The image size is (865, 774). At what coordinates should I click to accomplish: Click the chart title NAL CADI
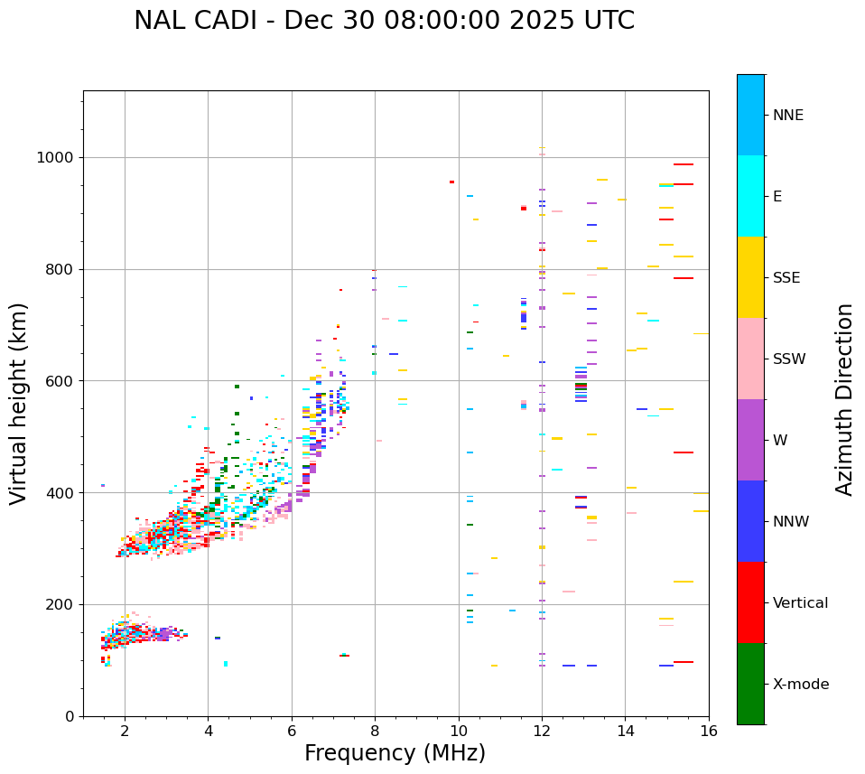(384, 21)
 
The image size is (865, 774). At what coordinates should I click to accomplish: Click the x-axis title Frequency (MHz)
(395, 753)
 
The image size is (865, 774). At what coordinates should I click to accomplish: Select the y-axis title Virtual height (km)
(19, 404)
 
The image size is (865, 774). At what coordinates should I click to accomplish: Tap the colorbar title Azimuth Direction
(844, 399)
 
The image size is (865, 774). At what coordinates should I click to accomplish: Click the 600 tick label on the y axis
(60, 381)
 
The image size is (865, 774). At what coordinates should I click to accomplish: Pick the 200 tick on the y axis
(60, 605)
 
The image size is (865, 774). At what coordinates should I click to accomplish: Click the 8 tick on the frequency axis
(375, 731)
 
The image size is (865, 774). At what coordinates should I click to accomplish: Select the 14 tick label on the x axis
(626, 731)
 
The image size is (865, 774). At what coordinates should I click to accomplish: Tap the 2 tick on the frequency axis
(125, 731)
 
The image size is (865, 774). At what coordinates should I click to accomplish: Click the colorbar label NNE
(787, 116)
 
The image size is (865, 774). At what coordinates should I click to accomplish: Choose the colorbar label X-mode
(801, 685)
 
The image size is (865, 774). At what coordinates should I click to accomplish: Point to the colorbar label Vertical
(800, 603)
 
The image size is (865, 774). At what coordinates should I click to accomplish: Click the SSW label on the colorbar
(789, 359)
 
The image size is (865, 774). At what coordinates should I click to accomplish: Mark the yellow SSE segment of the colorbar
(750, 277)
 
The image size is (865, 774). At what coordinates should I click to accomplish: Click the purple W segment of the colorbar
(750, 440)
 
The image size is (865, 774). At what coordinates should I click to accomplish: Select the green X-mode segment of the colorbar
(750, 684)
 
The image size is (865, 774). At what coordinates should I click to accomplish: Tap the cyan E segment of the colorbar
(750, 196)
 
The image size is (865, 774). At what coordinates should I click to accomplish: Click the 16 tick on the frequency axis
(709, 731)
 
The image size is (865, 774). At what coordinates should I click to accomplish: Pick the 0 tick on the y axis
(69, 717)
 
